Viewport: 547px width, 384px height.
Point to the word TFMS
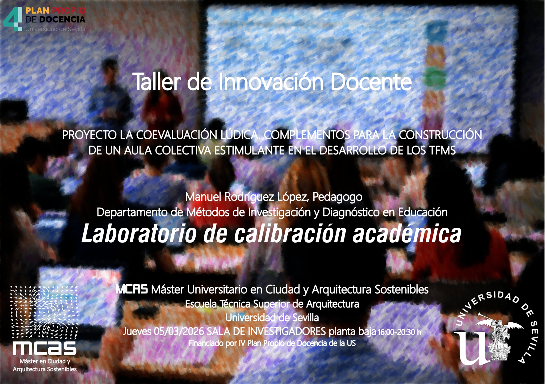pos(442,150)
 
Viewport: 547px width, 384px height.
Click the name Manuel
pos(203,197)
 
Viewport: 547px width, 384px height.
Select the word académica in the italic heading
pos(407,234)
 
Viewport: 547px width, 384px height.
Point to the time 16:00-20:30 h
pos(399,332)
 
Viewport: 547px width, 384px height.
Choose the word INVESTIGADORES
pos(287,331)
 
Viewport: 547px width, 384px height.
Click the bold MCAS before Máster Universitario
pos(132,289)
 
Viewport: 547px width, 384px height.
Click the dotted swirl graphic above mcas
pos(44,312)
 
